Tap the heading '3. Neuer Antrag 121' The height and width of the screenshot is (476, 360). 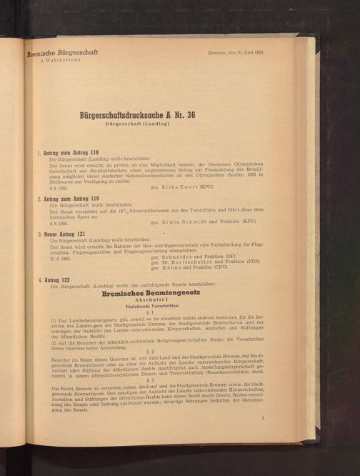[x=62, y=234]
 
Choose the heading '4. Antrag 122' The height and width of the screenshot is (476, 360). [x=56, y=279]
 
